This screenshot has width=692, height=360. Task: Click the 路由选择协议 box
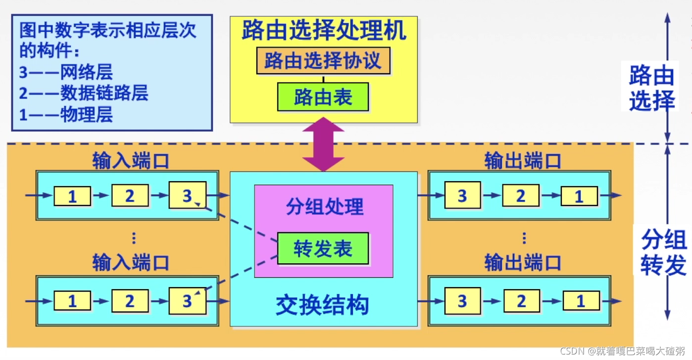click(323, 61)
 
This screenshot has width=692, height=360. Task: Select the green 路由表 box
click(323, 97)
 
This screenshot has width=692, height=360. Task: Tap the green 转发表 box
click(323, 248)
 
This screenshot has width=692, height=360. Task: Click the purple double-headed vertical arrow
click(323, 145)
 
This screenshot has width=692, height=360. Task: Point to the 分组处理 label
click(324, 206)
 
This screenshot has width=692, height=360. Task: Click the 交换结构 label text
click(323, 305)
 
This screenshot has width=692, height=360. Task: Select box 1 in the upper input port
click(72, 197)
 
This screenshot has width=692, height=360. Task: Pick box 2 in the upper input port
click(130, 196)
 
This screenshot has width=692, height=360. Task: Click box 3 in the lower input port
click(187, 301)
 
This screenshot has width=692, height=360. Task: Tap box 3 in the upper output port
click(462, 196)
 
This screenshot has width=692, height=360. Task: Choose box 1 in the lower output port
click(581, 301)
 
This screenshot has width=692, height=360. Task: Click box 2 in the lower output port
click(522, 301)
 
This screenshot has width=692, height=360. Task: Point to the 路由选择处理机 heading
click(324, 30)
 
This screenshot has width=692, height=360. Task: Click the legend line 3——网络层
click(66, 72)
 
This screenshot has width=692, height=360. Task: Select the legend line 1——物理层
click(66, 114)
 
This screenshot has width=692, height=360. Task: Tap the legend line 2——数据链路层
click(84, 93)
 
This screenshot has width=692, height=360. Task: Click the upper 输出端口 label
click(523, 161)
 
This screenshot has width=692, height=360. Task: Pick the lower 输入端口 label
click(131, 262)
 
